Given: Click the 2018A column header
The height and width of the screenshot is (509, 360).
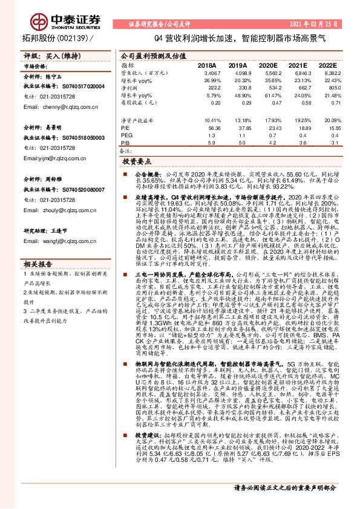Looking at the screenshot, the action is [207, 64].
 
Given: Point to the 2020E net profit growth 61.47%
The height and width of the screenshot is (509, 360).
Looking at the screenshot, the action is [267, 96].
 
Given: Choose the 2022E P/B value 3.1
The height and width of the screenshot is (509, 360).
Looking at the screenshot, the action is [331, 143].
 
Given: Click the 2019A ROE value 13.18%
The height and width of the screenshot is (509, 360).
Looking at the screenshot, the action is [238, 119].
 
